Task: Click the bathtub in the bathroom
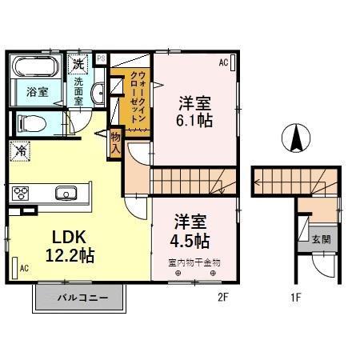(37, 66)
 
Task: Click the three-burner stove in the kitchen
(22, 193)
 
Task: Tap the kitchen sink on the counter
(66, 193)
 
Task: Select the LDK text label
(69, 237)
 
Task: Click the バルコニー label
(80, 298)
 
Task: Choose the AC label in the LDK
(24, 268)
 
